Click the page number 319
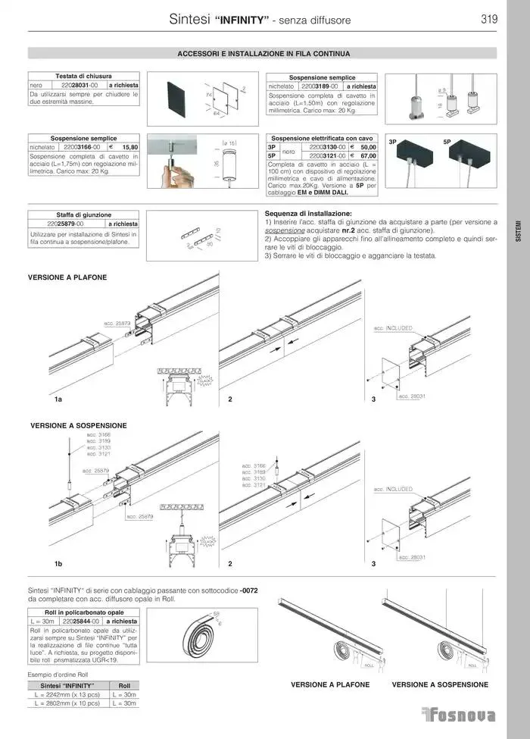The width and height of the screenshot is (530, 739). [488, 20]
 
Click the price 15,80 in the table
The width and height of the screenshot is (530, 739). [129, 147]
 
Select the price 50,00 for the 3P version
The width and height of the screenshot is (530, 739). [368, 147]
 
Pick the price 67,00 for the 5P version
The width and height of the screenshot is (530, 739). [368, 155]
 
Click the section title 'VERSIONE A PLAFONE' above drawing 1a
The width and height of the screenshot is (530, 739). [67, 278]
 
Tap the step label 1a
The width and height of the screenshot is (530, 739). [58, 398]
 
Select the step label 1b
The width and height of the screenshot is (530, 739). [58, 565]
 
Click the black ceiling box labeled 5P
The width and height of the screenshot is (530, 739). [472, 155]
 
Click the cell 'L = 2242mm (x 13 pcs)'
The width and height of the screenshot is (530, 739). [67, 694]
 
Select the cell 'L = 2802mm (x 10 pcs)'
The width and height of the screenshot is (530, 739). [67, 703]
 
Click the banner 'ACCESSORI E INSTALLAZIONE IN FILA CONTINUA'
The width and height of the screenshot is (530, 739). [262, 54]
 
